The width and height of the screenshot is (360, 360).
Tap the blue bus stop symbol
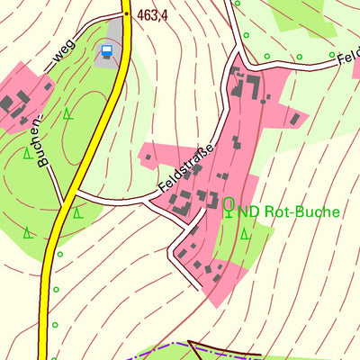[x=109, y=50]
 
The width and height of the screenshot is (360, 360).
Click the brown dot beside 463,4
[x=127, y=15]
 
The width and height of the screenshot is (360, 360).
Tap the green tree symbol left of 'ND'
[x=229, y=206]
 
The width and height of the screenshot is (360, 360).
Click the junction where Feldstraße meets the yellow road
[x=71, y=193]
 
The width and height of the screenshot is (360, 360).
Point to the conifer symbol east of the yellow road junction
[x=78, y=214]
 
